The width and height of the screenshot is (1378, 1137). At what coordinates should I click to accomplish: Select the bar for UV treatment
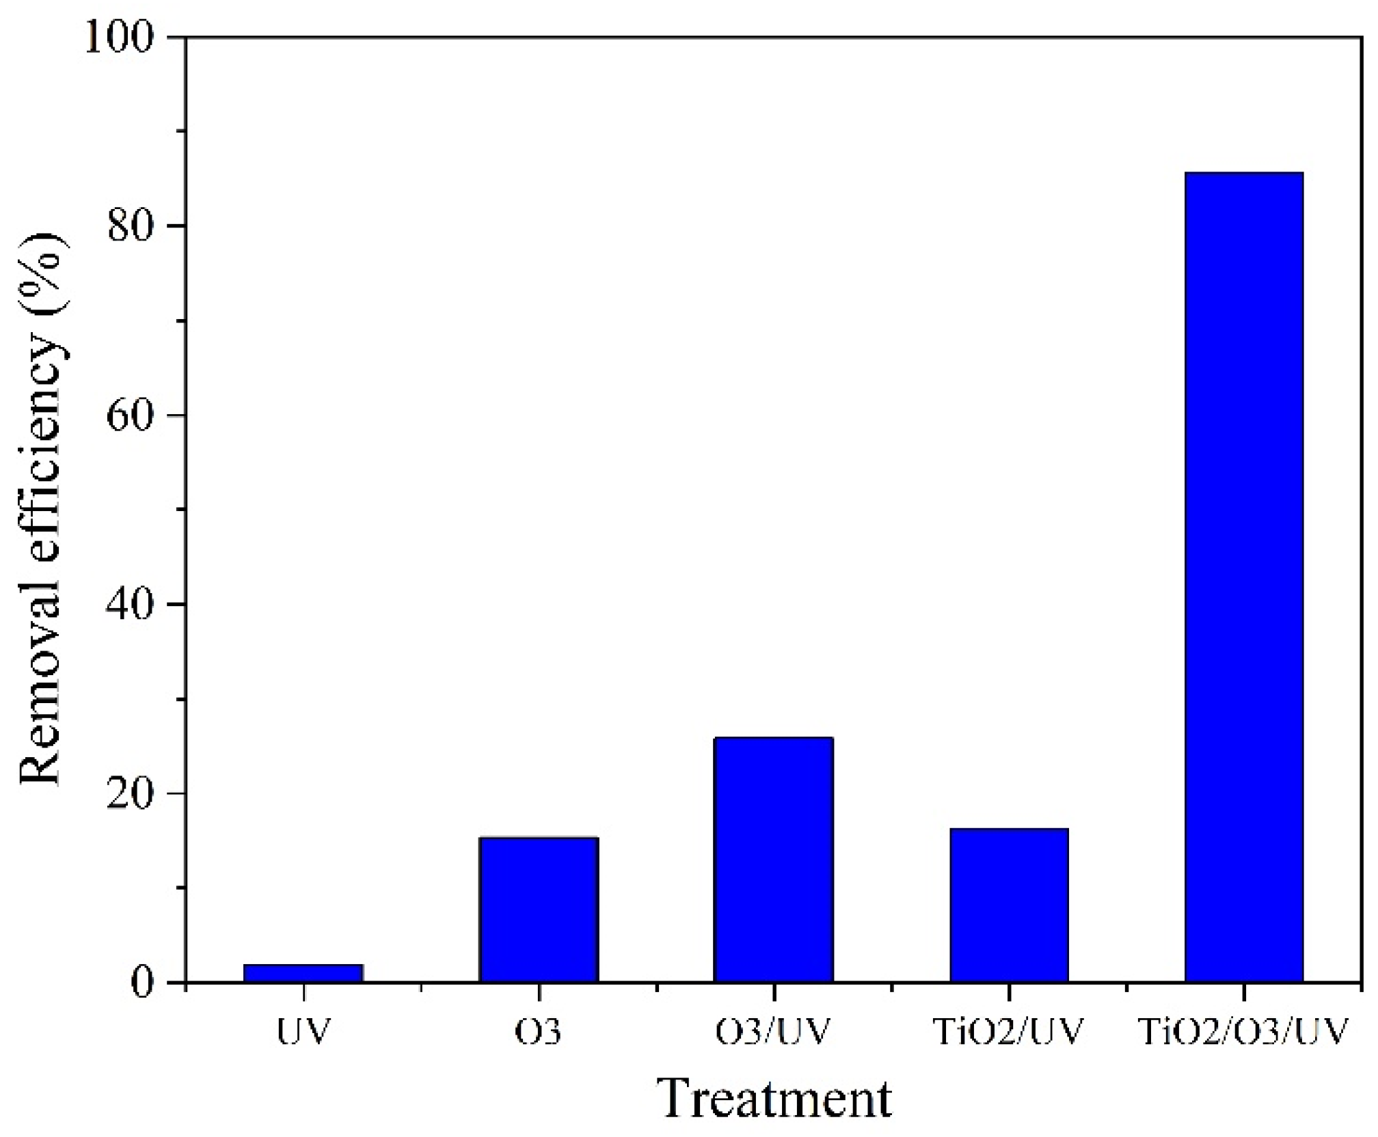pos(303,973)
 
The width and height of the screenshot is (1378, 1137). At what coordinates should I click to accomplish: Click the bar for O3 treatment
pos(539,909)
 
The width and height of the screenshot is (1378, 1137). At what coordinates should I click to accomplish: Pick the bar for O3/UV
pos(773,860)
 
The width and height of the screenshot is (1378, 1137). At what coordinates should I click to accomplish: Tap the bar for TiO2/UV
pos(1009,905)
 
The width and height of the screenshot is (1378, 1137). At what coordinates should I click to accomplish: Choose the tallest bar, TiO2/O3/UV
pos(1244,577)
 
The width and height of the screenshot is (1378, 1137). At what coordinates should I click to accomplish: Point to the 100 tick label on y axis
pos(118,38)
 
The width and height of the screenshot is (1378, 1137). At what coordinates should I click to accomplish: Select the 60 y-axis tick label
pos(130,415)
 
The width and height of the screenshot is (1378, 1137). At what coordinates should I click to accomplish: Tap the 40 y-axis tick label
pos(130,605)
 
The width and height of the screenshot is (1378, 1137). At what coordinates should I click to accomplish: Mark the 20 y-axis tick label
pos(130,794)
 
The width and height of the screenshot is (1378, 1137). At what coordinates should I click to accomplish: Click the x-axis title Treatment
pos(774,1099)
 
